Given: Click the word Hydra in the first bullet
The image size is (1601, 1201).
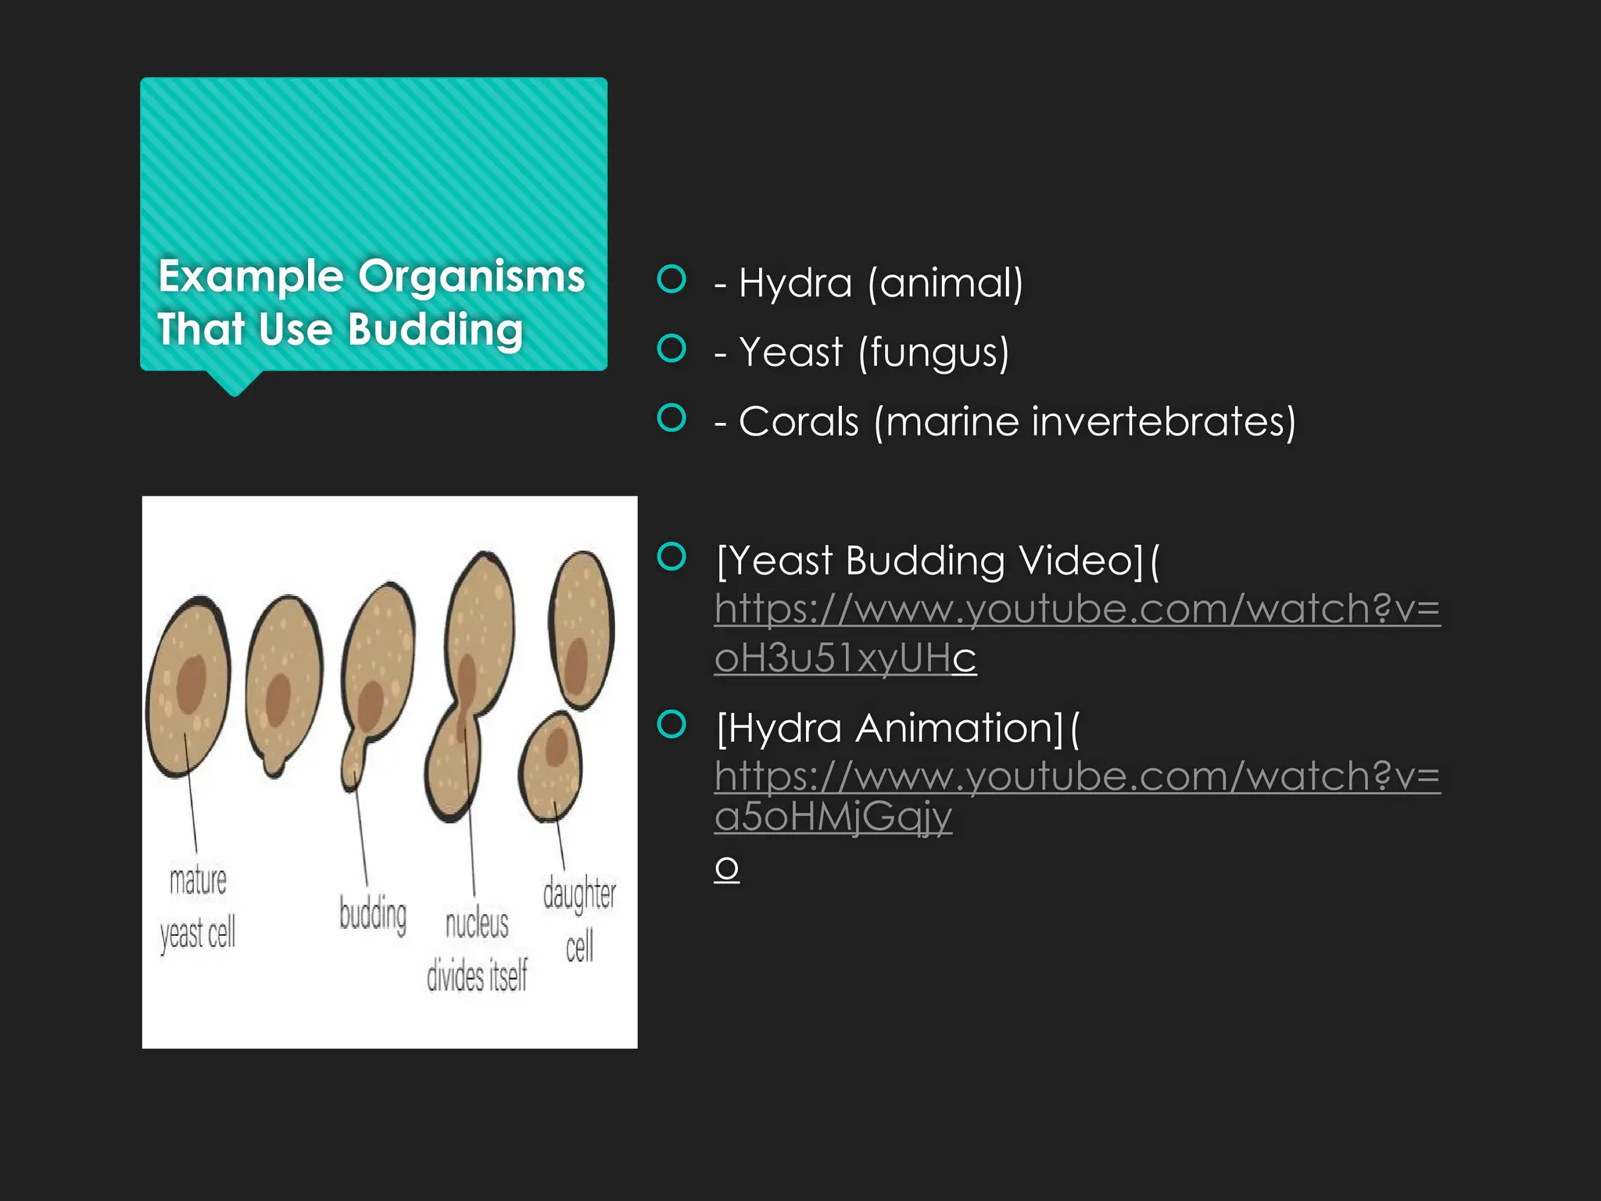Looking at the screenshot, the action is [795, 282].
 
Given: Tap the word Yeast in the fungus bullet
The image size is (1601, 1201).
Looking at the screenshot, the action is [791, 352].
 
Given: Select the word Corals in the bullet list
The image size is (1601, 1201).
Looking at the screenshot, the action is [799, 421].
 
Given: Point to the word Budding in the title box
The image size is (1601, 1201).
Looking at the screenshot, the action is [435, 329].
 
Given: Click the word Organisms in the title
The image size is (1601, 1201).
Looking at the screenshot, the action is [471, 277].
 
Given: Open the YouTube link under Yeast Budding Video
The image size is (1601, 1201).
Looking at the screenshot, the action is [1077, 633].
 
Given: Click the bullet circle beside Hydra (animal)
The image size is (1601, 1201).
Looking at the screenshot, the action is [672, 278].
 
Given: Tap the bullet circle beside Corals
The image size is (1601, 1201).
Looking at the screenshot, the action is [672, 418].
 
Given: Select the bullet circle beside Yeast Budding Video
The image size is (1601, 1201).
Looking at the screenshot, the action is [672, 557].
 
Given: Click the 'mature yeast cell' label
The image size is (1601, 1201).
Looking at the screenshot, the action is [198, 908].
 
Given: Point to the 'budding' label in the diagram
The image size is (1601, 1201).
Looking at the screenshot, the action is [373, 914].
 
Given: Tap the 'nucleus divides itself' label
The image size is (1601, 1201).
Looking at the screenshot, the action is [477, 950].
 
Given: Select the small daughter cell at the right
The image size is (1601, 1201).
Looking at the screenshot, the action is [551, 765].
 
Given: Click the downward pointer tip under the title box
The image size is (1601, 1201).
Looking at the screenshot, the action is [235, 396].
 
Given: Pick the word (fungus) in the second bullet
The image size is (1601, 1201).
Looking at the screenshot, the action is [934, 353].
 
